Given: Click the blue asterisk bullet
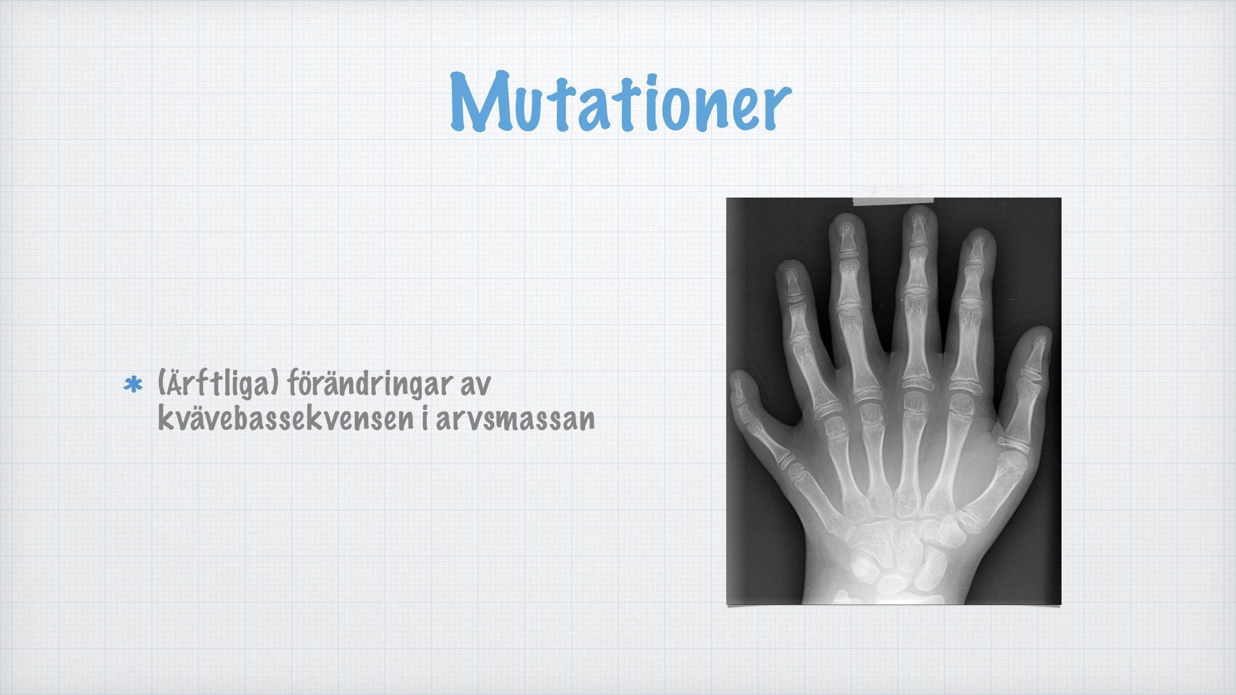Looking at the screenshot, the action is click(133, 385).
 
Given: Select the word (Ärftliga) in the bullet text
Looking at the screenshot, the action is click(218, 384).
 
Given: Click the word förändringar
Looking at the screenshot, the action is click(370, 384).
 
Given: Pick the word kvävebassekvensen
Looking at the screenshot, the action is click(285, 418).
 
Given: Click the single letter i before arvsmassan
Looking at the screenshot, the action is click(425, 418).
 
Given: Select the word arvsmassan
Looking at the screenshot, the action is click(515, 420).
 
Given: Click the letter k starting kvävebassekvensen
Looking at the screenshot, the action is click(165, 418).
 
